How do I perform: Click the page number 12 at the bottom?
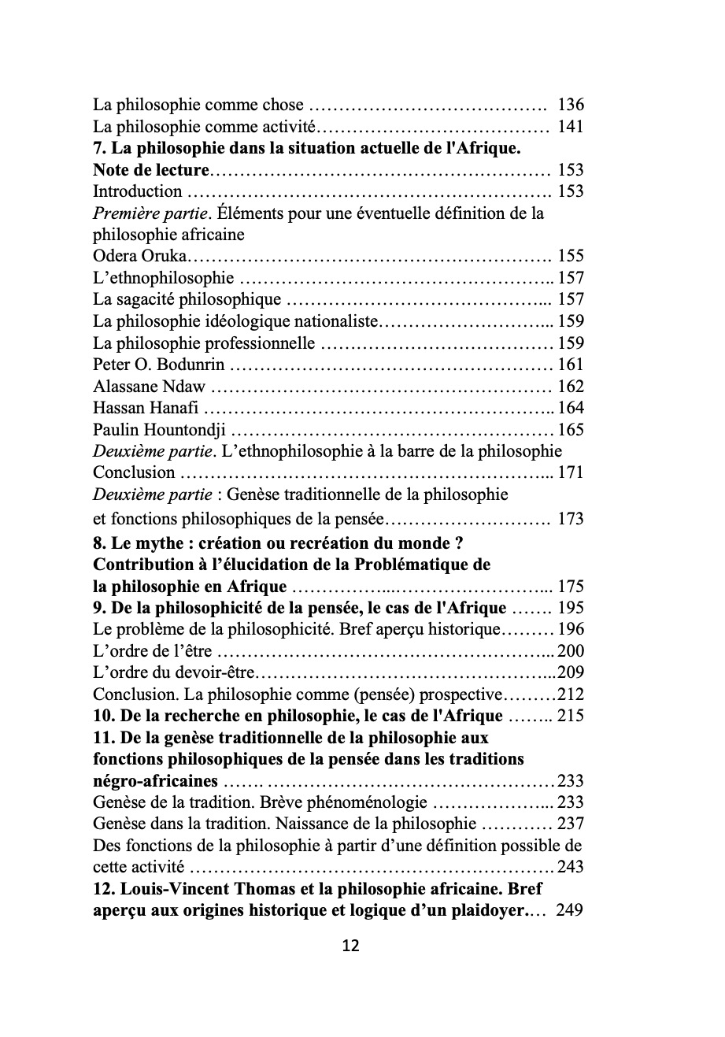pos(351,946)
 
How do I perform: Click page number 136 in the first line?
pos(570,105)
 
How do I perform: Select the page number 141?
pos(570,126)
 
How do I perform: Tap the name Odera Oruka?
pos(141,256)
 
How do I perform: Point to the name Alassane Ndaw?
pos(149,387)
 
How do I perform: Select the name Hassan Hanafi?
pos(146,408)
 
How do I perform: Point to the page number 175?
pos(570,587)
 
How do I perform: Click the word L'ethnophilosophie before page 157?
pos(163,278)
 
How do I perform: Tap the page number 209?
pos(570,673)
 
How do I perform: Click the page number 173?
pos(570,519)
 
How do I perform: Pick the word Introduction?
pos(137,191)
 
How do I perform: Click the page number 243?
pos(570,868)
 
